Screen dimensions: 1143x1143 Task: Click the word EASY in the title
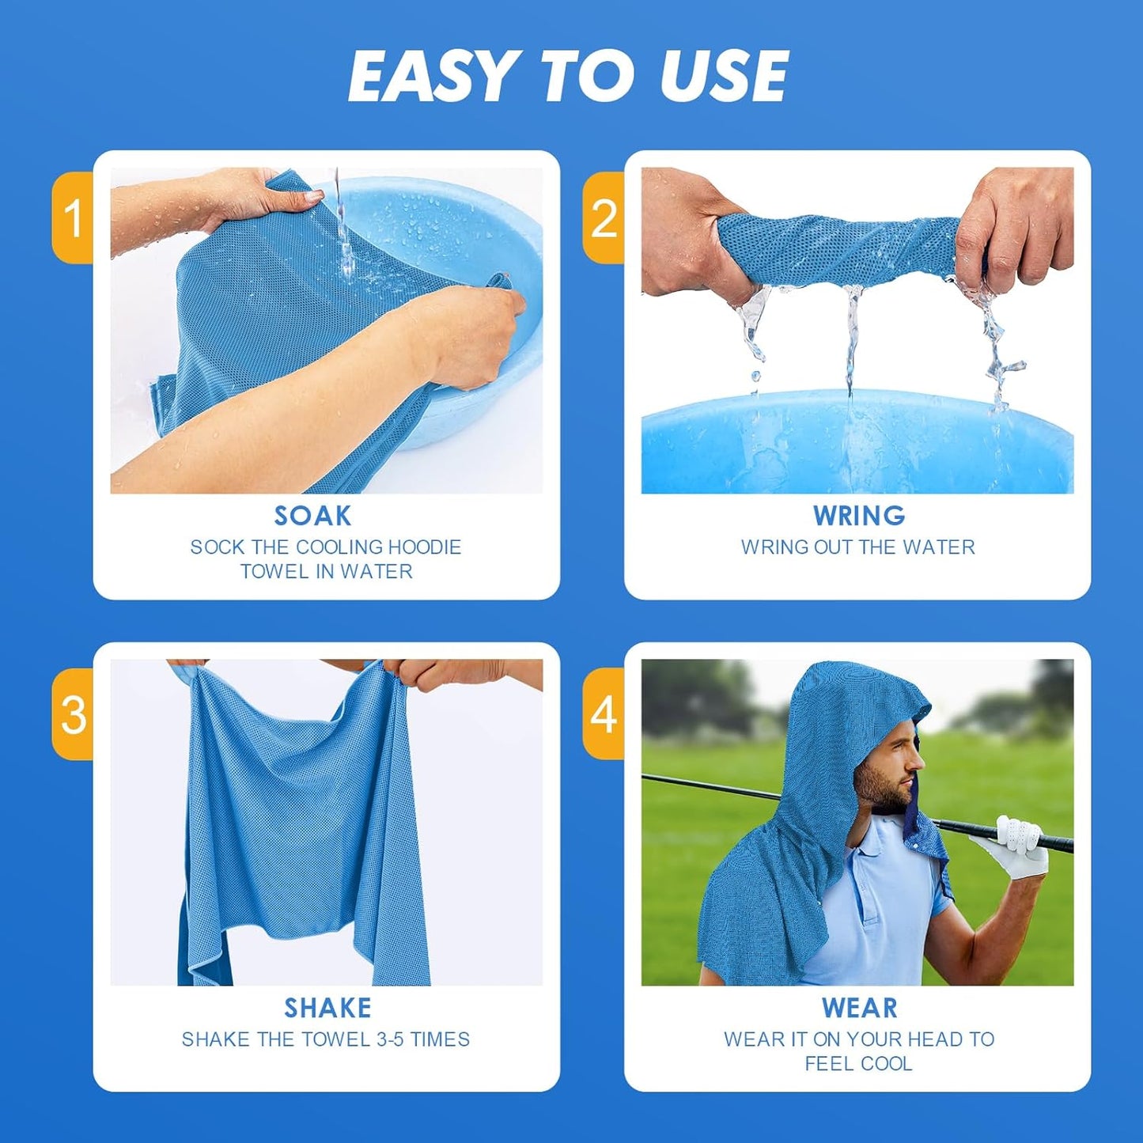point(432,77)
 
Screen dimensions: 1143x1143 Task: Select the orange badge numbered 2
point(604,218)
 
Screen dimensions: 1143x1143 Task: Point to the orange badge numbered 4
point(604,714)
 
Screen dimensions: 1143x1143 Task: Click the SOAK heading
point(312,516)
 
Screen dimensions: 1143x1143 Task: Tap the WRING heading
point(859,516)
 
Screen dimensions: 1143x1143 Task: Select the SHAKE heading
point(327,1008)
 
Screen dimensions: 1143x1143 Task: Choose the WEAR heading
point(859,1008)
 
